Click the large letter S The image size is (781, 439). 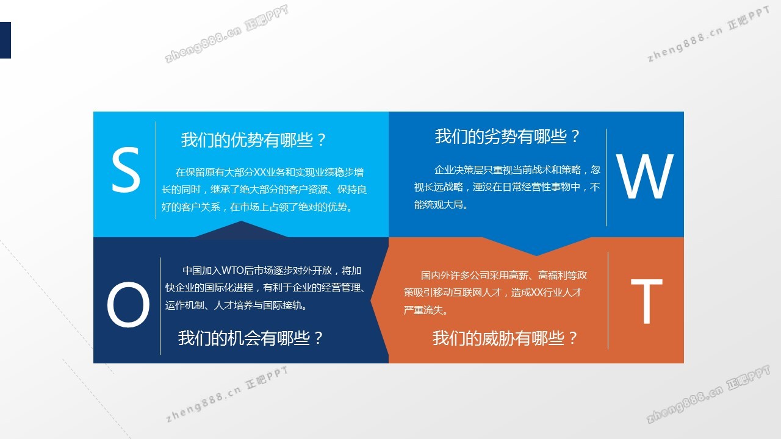pos(126,170)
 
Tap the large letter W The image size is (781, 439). pos(645,176)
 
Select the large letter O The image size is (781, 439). pos(128,304)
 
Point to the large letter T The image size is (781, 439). pos(647,301)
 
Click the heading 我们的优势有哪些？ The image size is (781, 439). pos(253,140)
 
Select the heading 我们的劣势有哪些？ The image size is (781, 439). pos(507,136)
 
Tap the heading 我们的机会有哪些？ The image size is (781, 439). pos(251,338)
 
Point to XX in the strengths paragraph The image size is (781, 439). pos(260,172)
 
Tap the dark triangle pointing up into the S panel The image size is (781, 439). pos(241,230)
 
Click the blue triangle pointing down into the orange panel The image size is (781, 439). pos(536,246)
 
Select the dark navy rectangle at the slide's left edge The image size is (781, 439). pos(5,40)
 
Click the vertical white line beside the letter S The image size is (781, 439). pos(156,170)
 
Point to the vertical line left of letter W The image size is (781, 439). pos(606,177)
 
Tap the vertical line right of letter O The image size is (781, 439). pos(160,306)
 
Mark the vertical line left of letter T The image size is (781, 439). pos(608,301)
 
